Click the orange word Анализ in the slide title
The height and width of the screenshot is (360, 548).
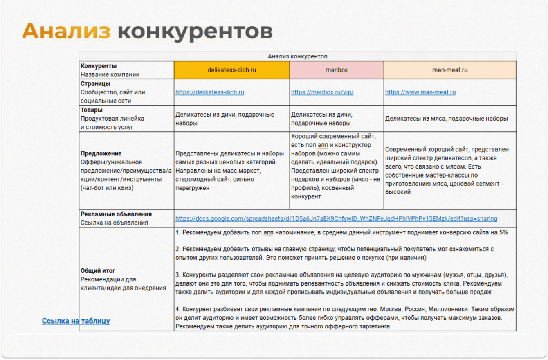[x=66, y=31]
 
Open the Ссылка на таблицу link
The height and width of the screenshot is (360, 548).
[x=76, y=321]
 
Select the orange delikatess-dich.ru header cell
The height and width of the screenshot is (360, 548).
[x=232, y=70]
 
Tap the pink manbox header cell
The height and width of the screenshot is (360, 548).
[x=337, y=70]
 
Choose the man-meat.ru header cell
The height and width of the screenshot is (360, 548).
[x=450, y=70]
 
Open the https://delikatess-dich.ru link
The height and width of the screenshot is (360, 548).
[x=210, y=92]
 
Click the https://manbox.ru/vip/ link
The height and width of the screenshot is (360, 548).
[x=322, y=92]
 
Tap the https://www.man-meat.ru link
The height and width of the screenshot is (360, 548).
[x=420, y=92]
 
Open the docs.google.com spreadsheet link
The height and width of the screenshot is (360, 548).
[x=336, y=219]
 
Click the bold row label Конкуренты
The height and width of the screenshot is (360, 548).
[x=99, y=66]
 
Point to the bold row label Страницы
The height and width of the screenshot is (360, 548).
[x=95, y=84]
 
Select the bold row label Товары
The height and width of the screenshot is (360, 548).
[x=92, y=110]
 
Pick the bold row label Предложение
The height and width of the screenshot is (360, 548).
[x=101, y=153]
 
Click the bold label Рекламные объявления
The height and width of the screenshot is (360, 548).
[x=116, y=214]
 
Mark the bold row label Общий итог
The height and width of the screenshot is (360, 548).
[x=98, y=271]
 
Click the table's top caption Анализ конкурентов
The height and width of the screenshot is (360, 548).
[x=297, y=56]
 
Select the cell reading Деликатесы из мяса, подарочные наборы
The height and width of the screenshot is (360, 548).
[x=447, y=119]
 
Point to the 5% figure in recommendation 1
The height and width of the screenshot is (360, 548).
[x=503, y=232]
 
